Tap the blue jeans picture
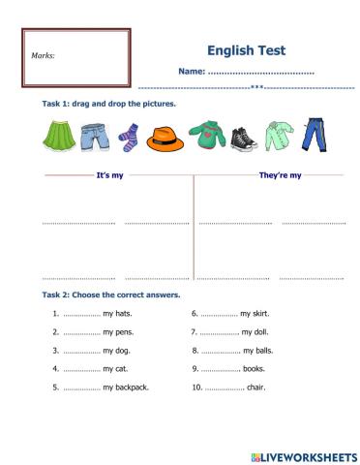[315, 136]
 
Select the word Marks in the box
[43, 55]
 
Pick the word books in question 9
[258, 369]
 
